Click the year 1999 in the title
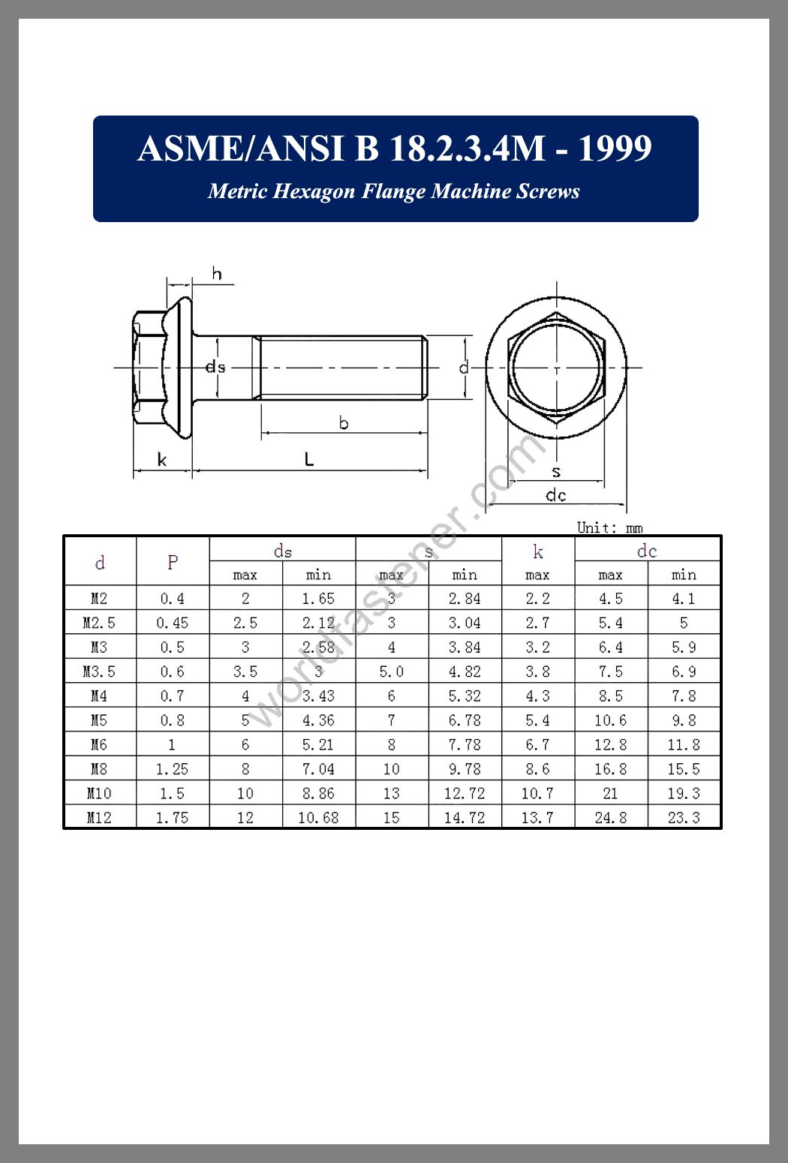point(614,149)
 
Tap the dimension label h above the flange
point(217,274)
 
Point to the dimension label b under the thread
point(344,423)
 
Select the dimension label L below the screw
point(308,459)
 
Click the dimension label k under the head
point(162,459)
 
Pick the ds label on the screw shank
point(215,367)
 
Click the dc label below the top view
point(555,495)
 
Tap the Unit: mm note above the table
point(609,527)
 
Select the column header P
point(173,562)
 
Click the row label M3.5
point(99,672)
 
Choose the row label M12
point(99,817)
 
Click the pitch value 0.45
point(173,623)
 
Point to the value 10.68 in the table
point(318,817)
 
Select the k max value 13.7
point(537,817)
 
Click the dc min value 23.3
point(684,817)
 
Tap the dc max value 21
point(610,793)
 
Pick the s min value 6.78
point(465,720)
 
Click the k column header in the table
point(537,552)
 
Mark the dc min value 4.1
point(684,599)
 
